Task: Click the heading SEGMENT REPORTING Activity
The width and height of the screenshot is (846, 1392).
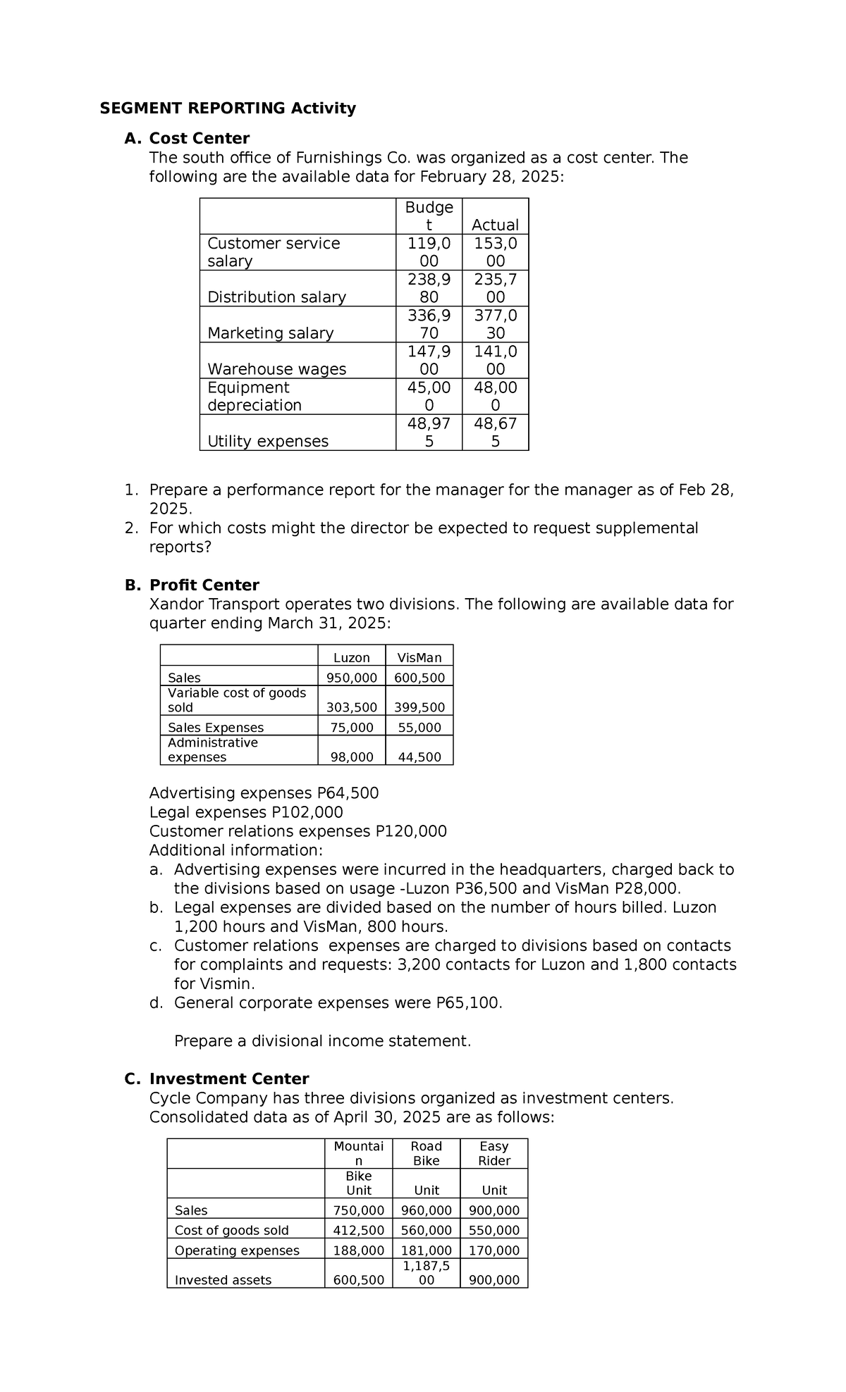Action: coord(228,108)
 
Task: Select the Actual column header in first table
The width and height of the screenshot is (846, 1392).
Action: coord(495,225)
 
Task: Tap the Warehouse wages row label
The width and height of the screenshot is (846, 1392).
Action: coord(276,369)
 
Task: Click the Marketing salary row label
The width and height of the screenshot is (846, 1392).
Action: coord(270,333)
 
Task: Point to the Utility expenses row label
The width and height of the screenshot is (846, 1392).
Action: coord(268,441)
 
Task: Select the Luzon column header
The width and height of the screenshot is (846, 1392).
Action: coord(351,657)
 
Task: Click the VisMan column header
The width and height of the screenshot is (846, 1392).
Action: coord(419,657)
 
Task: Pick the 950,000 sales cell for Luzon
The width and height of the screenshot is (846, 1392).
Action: coord(351,678)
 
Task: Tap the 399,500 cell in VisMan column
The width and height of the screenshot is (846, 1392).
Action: coord(419,707)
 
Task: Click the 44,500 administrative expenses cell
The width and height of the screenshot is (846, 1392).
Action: coord(419,757)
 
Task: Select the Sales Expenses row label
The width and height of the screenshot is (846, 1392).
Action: coord(216,728)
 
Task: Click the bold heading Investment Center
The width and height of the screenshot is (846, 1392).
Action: coord(229,1079)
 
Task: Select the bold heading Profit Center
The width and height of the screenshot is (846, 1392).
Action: coord(204,585)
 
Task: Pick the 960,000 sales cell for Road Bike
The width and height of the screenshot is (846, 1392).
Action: coord(426,1210)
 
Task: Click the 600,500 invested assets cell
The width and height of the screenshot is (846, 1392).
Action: coord(358,1280)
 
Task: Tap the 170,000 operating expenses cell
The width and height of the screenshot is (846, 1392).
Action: coord(493,1250)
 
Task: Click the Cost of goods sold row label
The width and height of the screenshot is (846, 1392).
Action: coord(232,1231)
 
